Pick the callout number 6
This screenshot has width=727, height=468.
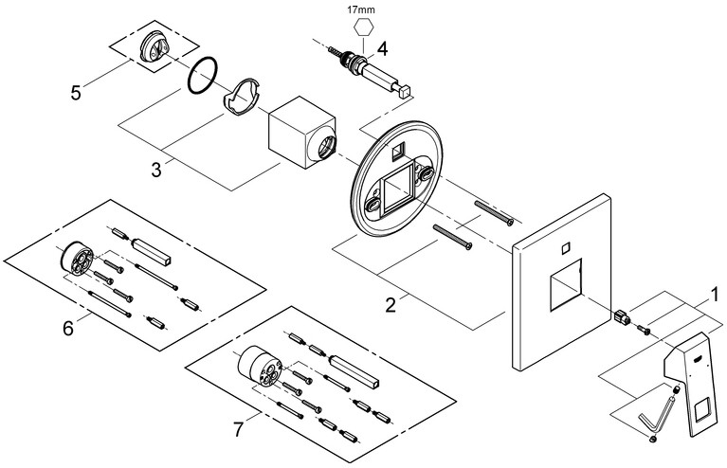pos(67,328)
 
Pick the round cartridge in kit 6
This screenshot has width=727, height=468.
pos(77,259)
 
